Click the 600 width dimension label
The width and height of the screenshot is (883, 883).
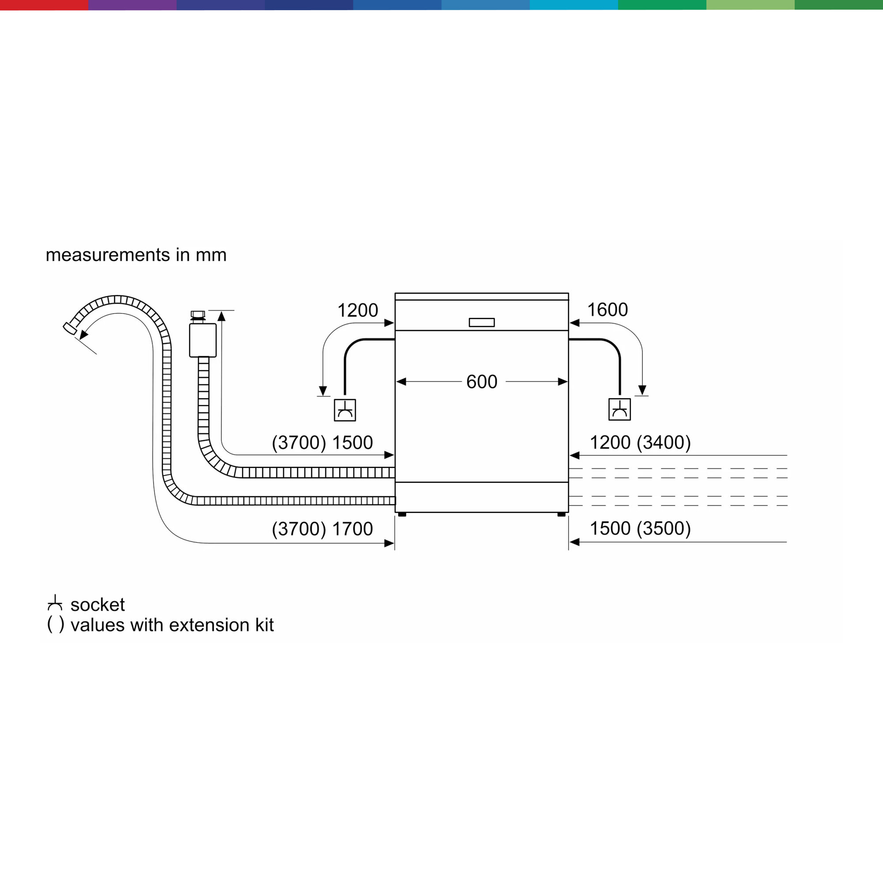(x=482, y=381)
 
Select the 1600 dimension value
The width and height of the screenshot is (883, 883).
(x=608, y=310)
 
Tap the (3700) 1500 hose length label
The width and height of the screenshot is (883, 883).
(x=322, y=442)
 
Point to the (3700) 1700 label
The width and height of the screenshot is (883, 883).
(x=322, y=529)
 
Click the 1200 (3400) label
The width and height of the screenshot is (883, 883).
(x=640, y=442)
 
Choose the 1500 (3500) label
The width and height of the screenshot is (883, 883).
(x=640, y=528)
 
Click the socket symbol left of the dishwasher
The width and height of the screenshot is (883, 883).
(x=345, y=410)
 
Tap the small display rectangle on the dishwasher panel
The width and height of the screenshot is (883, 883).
(x=482, y=323)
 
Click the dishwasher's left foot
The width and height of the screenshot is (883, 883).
(x=402, y=515)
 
